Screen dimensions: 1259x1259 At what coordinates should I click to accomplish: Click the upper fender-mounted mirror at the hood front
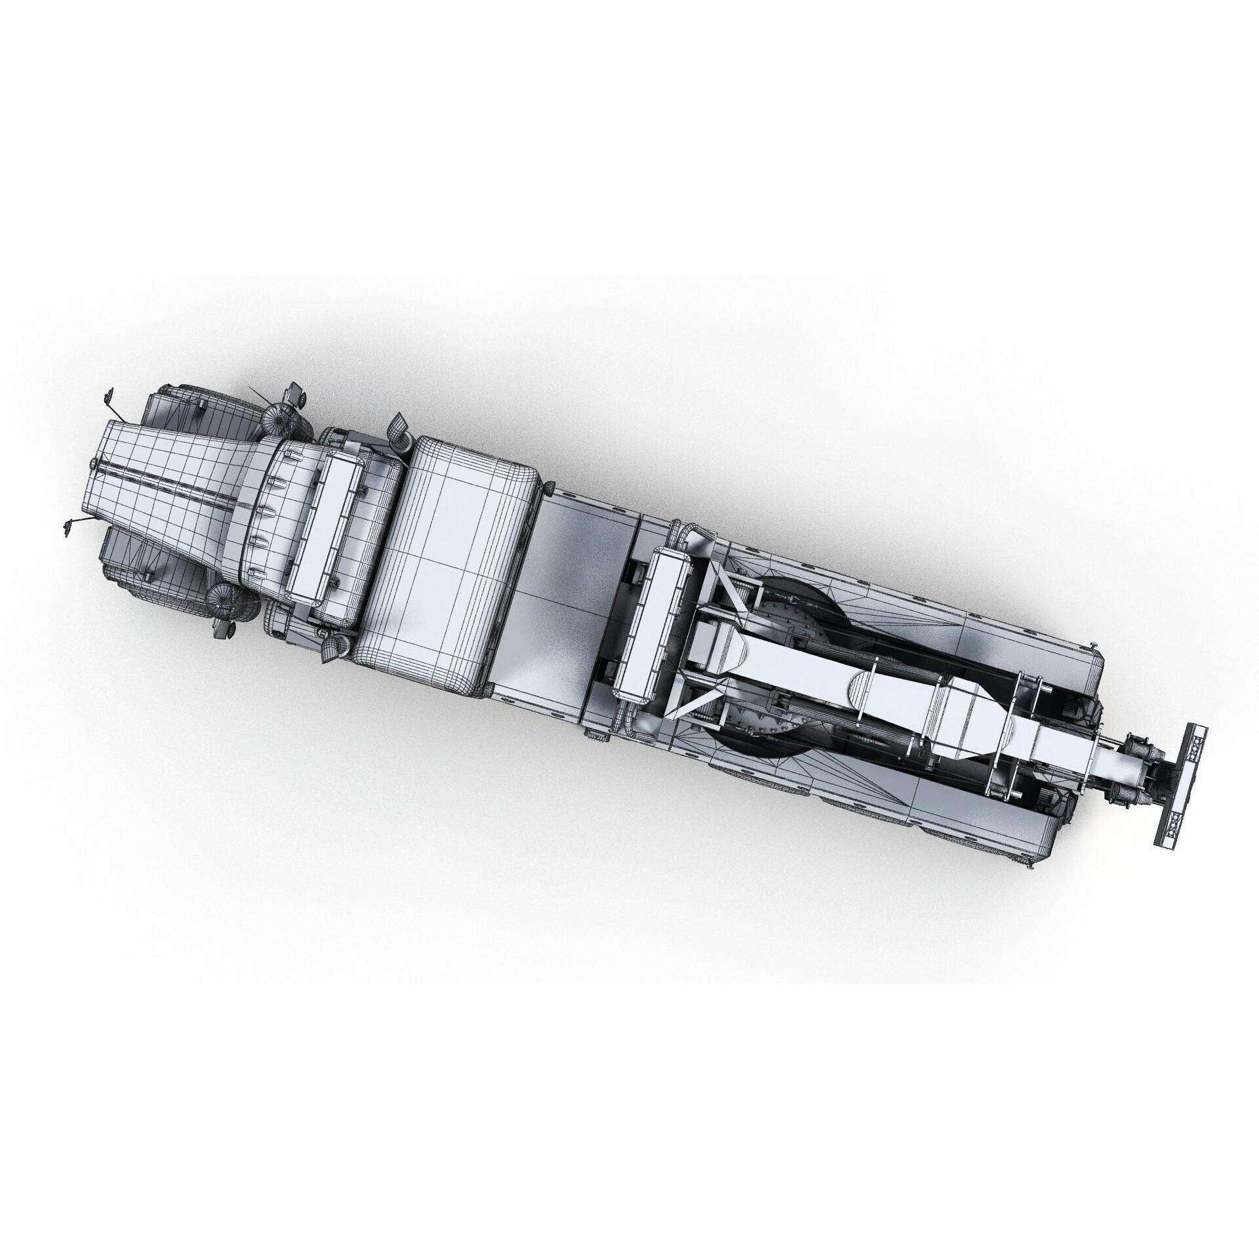108,396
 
